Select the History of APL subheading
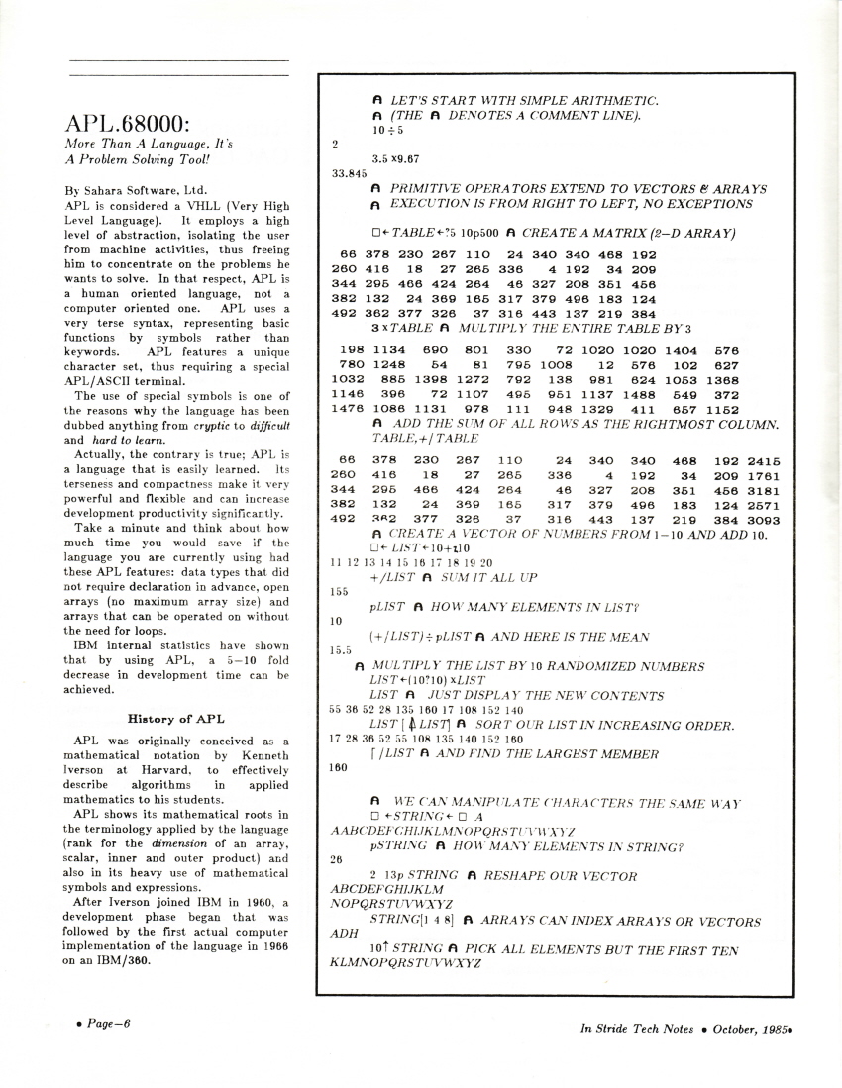pos(180,717)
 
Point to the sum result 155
pos(337,591)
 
